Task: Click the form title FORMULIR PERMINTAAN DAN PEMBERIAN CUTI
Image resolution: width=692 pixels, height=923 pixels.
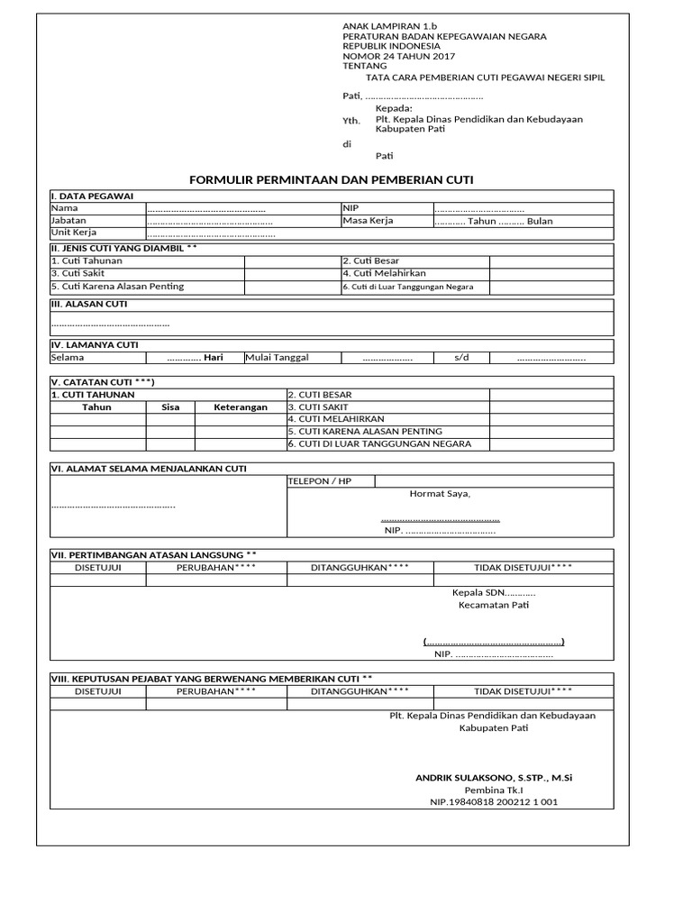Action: click(x=331, y=180)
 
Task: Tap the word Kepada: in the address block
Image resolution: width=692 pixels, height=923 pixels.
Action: click(x=394, y=108)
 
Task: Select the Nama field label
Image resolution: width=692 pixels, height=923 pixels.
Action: click(x=65, y=208)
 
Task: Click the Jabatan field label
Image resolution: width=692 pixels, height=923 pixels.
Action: click(x=69, y=221)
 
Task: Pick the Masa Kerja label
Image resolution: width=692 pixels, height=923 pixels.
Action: click(x=368, y=221)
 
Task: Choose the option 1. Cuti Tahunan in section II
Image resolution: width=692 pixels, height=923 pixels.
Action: click(x=86, y=260)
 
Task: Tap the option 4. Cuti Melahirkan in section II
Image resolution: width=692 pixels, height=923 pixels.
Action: click(x=384, y=273)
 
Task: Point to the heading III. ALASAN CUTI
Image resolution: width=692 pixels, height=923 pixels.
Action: click(x=89, y=305)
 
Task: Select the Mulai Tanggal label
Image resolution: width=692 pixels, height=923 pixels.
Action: click(x=277, y=358)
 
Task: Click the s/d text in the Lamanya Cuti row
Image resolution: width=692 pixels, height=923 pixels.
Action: click(x=461, y=358)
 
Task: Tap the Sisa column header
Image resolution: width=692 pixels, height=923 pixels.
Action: click(x=170, y=407)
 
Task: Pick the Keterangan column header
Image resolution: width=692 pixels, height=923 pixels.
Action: click(x=241, y=407)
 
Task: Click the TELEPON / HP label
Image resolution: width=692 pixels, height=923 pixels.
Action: click(x=319, y=481)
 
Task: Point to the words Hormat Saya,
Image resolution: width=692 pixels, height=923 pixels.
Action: click(x=440, y=494)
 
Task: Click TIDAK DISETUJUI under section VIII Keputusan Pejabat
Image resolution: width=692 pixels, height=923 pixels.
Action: click(x=523, y=691)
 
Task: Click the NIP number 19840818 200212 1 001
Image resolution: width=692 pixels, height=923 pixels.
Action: click(x=494, y=802)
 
